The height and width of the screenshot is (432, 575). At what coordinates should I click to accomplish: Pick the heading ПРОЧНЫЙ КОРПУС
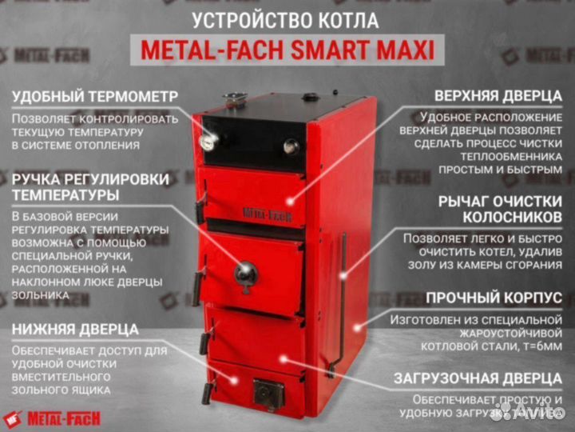[494, 298]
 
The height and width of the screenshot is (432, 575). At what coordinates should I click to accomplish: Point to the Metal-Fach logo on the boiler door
[268, 213]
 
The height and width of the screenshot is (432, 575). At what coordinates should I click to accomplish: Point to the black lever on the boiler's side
[343, 296]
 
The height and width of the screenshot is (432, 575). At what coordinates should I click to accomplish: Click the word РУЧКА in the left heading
[44, 177]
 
